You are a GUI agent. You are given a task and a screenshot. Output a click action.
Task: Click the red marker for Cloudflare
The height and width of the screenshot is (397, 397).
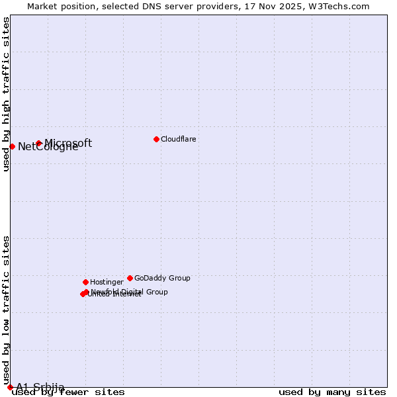[x=156, y=139]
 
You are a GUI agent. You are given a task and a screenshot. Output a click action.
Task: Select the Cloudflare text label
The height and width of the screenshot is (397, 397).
[x=178, y=139]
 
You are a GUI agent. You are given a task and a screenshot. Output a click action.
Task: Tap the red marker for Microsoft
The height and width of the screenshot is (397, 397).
[x=39, y=143]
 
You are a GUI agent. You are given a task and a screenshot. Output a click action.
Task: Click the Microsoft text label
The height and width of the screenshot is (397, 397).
[x=68, y=143]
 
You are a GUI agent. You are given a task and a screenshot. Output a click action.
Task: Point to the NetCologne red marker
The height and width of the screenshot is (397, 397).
[x=12, y=146]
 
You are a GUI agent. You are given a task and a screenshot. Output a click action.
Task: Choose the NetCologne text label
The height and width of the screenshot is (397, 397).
[x=48, y=147]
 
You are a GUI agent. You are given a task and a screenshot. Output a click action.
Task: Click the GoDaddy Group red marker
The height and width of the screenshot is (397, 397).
[x=130, y=278]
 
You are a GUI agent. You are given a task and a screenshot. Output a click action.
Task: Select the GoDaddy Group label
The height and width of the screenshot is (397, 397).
[x=162, y=278]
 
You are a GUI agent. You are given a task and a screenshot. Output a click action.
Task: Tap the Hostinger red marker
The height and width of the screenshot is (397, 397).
[x=85, y=282]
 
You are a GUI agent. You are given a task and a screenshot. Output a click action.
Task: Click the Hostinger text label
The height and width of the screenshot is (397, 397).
[x=107, y=282]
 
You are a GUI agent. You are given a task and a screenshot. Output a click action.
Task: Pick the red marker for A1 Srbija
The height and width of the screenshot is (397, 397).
[x=10, y=387]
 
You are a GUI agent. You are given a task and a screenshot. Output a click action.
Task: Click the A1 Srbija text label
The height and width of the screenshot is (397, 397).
[x=40, y=387]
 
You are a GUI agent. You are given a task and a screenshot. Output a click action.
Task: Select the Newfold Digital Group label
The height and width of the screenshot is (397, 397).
[x=130, y=292]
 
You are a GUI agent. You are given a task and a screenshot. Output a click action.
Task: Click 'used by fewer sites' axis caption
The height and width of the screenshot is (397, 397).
[x=68, y=392]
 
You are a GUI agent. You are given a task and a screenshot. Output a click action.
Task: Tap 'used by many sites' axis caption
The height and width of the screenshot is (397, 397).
[x=332, y=392]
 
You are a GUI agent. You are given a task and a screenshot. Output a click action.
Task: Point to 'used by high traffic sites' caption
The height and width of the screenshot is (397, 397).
[x=6, y=94]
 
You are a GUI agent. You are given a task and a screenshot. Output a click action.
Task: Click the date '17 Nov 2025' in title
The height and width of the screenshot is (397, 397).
[x=280, y=6]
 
